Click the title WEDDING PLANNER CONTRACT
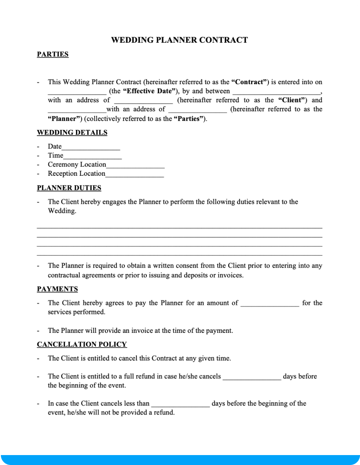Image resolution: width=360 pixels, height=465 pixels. coord(180,40)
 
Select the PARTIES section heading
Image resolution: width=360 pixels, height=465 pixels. coord(53,54)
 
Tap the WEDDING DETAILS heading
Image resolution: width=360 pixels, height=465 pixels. coord(72,133)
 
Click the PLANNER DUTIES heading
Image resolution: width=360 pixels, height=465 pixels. coord(69,188)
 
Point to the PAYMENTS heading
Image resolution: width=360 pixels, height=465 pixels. coord(57,289)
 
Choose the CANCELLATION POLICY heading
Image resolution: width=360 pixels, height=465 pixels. coord(82,344)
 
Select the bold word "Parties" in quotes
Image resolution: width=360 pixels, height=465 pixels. coord(189,119)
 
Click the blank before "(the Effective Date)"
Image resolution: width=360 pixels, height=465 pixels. coord(77,92)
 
